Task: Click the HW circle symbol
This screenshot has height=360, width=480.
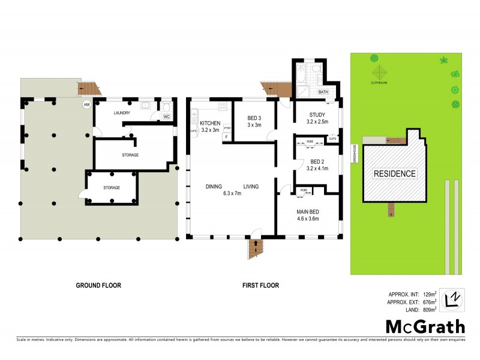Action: click(87, 105)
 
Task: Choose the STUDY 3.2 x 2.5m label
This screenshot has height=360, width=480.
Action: click(316, 118)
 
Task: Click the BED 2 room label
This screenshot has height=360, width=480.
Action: click(317, 164)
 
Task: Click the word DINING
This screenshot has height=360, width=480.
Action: click(213, 187)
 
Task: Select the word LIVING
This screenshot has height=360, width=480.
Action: click(251, 187)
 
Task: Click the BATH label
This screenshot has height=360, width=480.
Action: click(323, 92)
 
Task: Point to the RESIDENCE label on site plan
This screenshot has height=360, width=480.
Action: click(395, 173)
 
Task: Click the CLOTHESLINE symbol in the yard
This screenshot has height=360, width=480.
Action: click(374, 58)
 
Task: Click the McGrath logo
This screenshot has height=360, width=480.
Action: click(425, 327)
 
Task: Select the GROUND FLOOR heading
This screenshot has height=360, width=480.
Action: click(98, 286)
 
